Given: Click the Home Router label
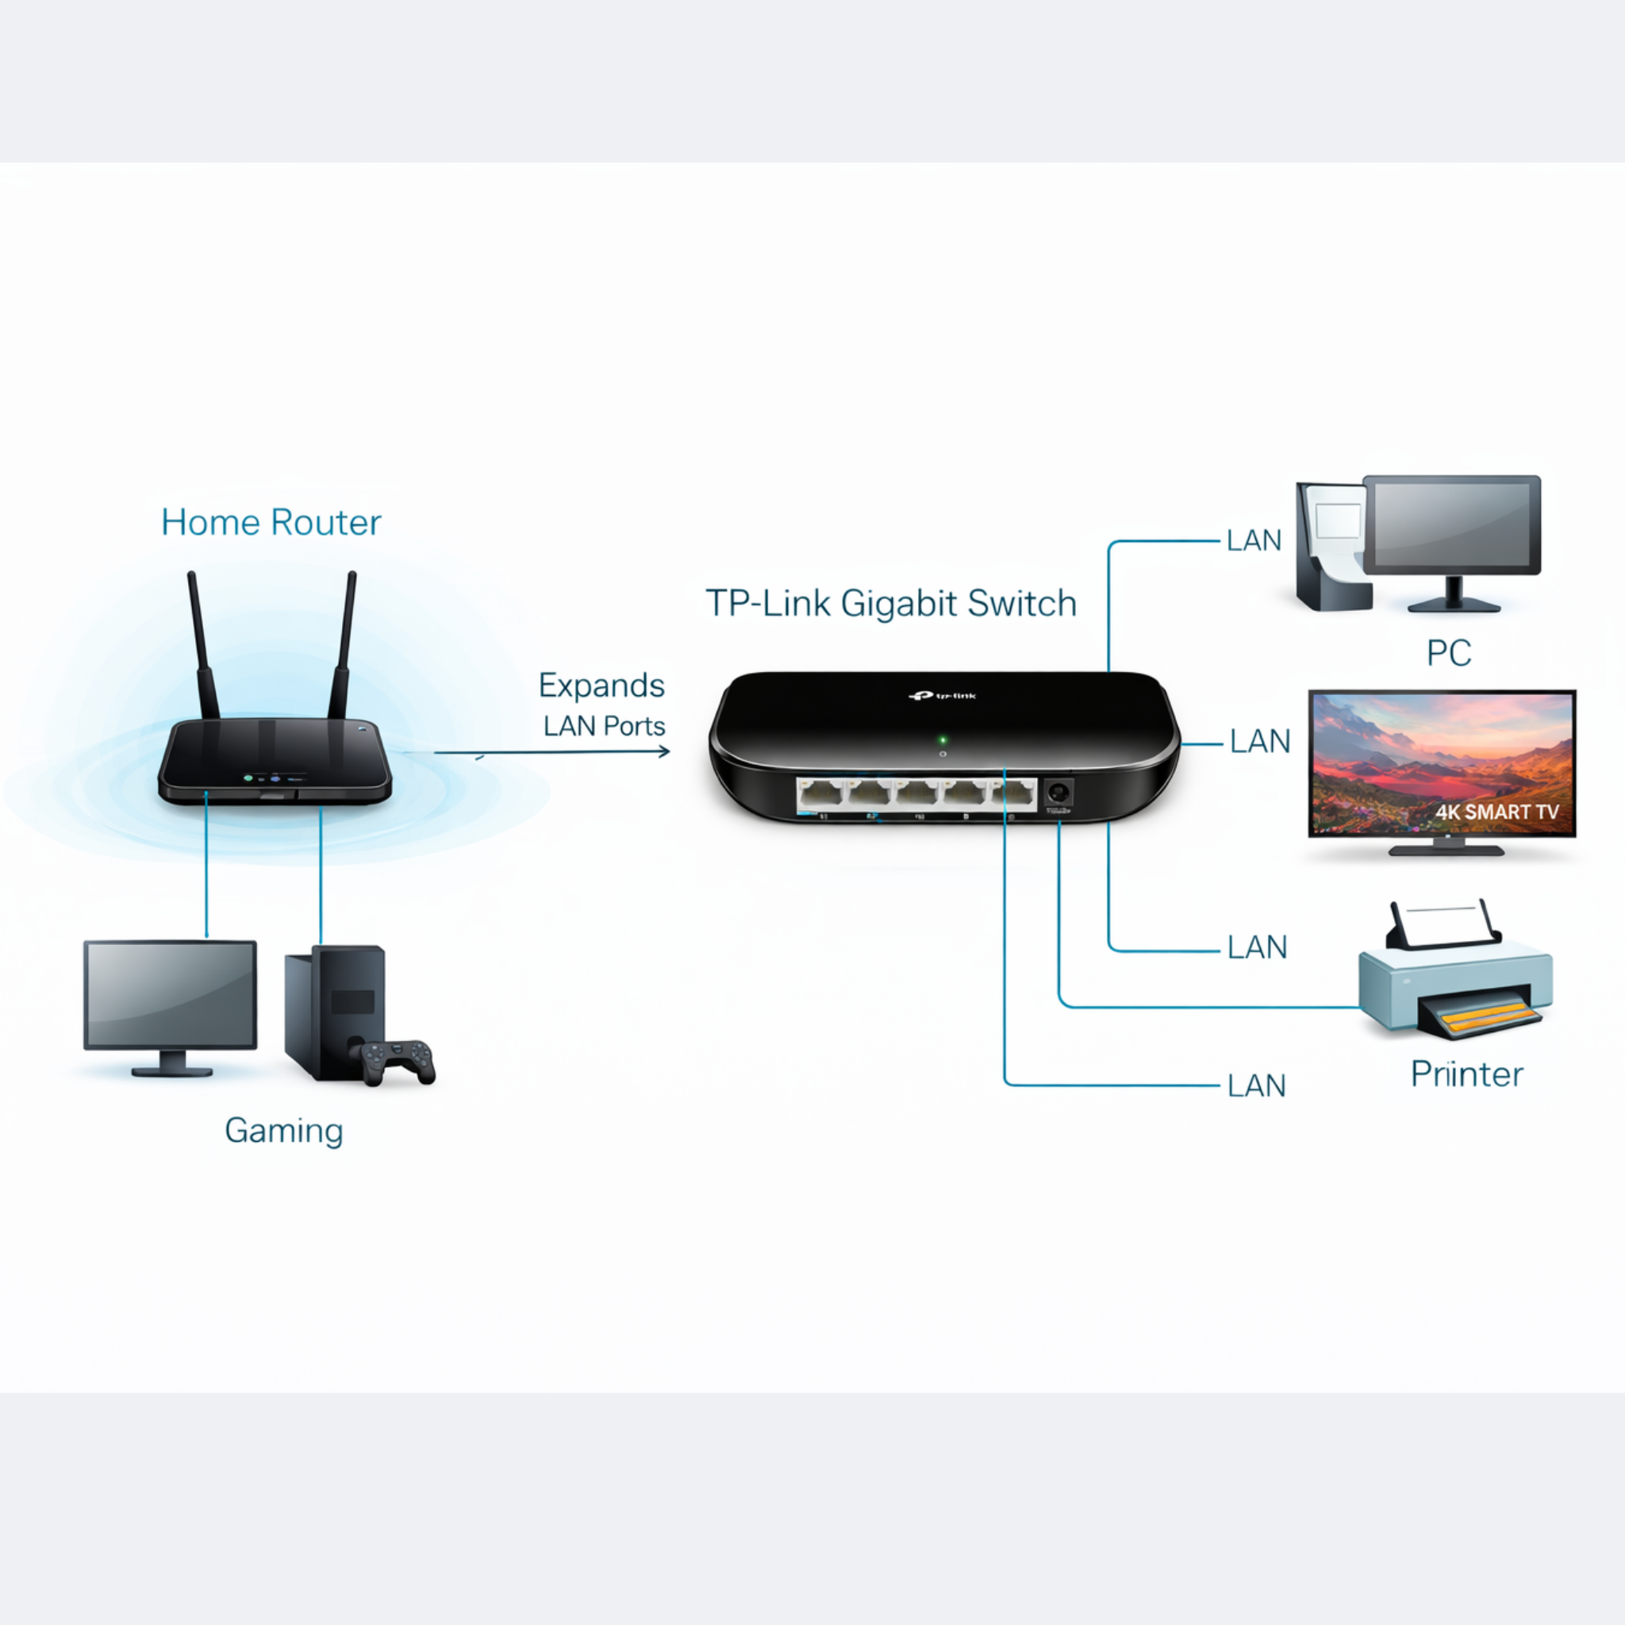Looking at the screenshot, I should point(271,523).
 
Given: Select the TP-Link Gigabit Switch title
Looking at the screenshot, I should point(891,604).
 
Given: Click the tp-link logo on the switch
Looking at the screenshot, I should point(943,696).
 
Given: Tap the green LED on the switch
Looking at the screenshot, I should point(943,740).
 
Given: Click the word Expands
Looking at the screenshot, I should point(601,686).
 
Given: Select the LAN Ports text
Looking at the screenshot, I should point(604,726).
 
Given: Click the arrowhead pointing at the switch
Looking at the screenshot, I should point(664,751).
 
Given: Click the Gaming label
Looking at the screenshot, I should point(283,1131).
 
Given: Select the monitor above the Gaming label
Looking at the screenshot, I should point(170,994).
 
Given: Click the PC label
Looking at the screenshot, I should point(1448,653).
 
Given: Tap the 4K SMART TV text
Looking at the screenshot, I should point(1496,812).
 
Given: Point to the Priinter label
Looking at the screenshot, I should point(1466,1074).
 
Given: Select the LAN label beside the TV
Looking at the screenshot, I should point(1259,742).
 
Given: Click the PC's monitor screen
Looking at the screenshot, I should point(1451,524).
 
